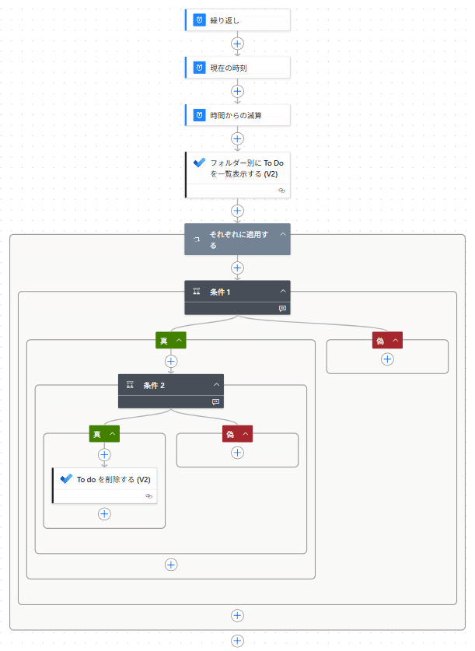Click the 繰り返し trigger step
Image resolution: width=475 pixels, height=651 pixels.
tap(237, 20)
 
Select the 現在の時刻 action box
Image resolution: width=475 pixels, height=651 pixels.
tap(237, 68)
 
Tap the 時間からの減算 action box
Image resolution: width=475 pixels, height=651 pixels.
tap(237, 115)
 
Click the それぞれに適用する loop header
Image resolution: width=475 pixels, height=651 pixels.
tap(233, 239)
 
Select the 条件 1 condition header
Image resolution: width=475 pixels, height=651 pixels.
tap(233, 292)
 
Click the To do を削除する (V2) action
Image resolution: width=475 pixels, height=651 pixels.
tap(109, 480)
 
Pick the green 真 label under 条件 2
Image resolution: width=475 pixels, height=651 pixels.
tap(97, 434)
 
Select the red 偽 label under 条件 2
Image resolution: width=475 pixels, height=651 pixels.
tap(230, 434)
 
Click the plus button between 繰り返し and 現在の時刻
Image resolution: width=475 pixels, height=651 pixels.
tap(238, 44)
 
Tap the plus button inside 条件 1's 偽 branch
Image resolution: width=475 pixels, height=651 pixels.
tap(387, 359)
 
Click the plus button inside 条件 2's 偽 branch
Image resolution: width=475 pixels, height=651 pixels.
tap(238, 453)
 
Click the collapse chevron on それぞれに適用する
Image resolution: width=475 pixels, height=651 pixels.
tap(283, 234)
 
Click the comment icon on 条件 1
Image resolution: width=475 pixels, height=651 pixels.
tap(283, 308)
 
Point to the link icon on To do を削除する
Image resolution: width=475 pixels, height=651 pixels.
tap(148, 495)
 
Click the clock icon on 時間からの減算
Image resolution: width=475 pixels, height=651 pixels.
tap(199, 115)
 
